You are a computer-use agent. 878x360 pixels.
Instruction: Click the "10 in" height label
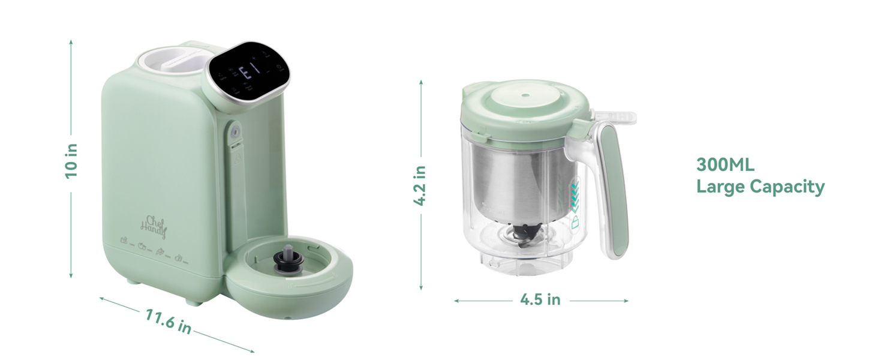click(x=71, y=160)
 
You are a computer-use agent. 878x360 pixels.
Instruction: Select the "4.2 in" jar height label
click(x=421, y=185)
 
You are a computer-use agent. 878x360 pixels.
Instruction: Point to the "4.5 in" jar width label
click(x=540, y=299)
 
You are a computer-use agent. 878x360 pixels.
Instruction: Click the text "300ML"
click(x=724, y=164)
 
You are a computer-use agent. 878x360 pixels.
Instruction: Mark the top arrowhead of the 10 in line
click(x=71, y=43)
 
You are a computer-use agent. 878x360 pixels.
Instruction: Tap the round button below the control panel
click(x=235, y=130)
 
